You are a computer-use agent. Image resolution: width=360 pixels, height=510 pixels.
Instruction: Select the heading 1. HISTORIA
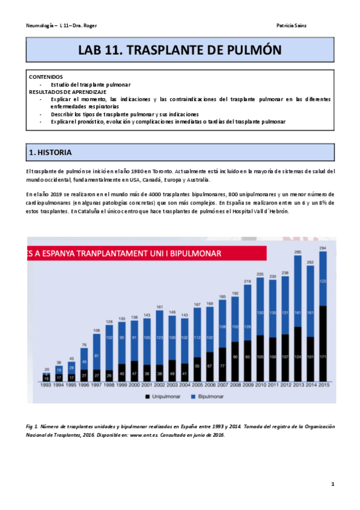(x=52, y=154)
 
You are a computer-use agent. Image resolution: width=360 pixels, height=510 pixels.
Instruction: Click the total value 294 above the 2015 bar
(x=324, y=248)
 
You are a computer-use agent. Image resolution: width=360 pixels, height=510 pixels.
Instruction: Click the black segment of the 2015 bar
(x=324, y=343)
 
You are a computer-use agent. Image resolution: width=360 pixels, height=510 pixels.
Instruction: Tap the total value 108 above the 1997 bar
(x=97, y=330)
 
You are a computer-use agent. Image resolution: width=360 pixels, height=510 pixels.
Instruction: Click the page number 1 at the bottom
(x=332, y=484)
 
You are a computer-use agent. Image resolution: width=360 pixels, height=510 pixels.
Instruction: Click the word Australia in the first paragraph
(x=197, y=180)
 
